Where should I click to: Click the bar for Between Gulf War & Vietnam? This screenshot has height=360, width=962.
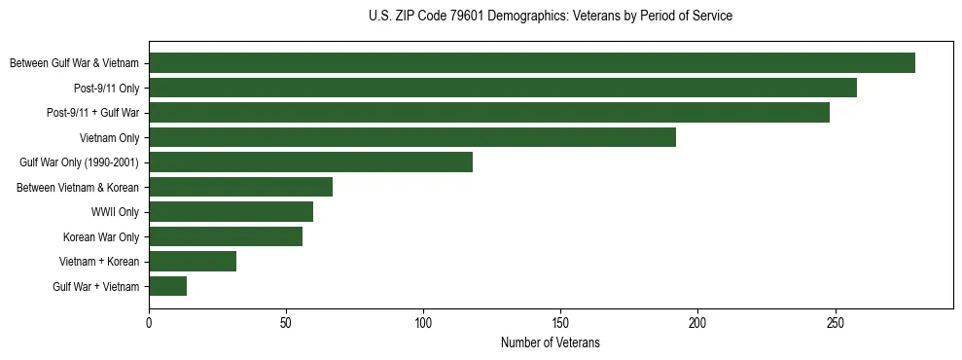click(x=532, y=63)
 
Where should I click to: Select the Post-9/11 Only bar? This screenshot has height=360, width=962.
click(x=503, y=88)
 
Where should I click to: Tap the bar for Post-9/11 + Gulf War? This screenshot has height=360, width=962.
click(x=489, y=113)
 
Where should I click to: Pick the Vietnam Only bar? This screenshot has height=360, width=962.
click(x=412, y=137)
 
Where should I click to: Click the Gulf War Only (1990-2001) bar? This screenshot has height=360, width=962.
click(x=310, y=162)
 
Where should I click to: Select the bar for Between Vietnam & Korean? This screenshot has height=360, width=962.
click(x=240, y=187)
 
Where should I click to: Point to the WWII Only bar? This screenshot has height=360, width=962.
click(x=231, y=212)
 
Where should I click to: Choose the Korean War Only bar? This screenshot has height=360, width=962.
click(x=226, y=236)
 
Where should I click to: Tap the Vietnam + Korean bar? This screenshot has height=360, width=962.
click(x=193, y=262)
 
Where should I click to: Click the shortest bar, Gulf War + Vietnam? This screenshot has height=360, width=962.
click(x=167, y=286)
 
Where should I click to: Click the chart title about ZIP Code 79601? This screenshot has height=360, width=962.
click(x=551, y=17)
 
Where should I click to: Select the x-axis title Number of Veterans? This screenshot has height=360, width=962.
click(x=551, y=343)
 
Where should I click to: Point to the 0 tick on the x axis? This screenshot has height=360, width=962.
click(x=149, y=322)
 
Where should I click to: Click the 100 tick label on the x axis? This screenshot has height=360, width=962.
click(x=423, y=322)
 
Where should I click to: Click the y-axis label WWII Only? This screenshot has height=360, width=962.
click(x=114, y=212)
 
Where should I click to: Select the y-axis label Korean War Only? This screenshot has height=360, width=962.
click(x=101, y=236)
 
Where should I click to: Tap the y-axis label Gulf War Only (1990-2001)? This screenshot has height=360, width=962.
click(x=79, y=162)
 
